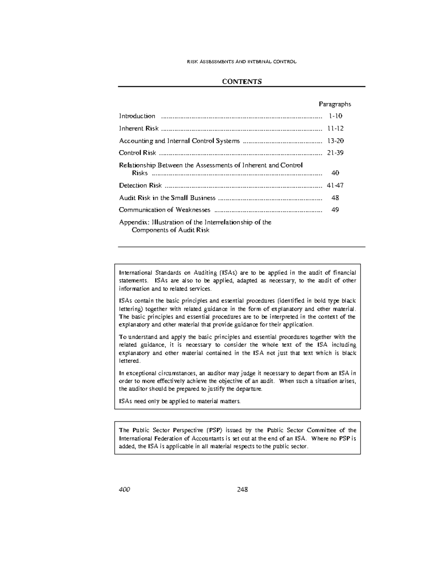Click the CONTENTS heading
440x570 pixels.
[x=242, y=81]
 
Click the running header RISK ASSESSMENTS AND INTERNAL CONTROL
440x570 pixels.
[x=242, y=62]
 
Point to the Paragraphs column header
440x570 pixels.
[x=335, y=104]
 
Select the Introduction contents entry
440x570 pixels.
[x=137, y=116]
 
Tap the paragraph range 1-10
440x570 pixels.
[x=335, y=116]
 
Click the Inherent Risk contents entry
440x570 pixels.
[x=139, y=128]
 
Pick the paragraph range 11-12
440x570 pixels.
[x=335, y=128]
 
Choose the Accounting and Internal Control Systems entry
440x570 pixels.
[x=179, y=141]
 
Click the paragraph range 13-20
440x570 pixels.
[x=335, y=141]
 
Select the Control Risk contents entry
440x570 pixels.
[x=137, y=153]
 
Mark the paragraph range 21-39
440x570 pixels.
[x=335, y=153]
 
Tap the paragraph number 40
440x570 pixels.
[x=335, y=173]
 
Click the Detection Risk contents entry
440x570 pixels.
[x=140, y=185]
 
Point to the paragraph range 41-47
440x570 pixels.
[x=335, y=185]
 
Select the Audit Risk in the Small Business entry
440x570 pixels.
[x=167, y=198]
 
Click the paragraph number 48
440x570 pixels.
[x=335, y=198]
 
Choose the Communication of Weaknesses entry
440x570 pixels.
[x=165, y=210]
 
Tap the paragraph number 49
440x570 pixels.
[x=335, y=210]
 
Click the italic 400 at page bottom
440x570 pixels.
[x=124, y=490]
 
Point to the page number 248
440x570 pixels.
[x=242, y=490]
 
